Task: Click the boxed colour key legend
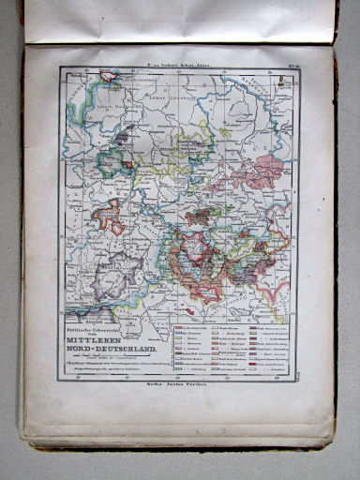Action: pyautogui.click(x=230, y=350)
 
